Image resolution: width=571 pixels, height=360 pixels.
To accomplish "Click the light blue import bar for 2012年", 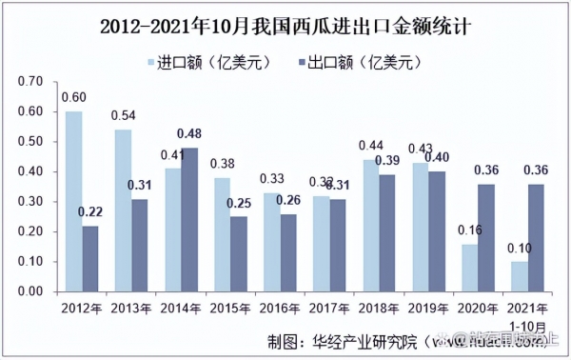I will (x=73, y=201).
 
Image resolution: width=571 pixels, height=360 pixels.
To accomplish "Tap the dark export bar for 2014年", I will (x=189, y=219).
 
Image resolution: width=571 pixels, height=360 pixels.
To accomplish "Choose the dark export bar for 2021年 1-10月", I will (x=536, y=237).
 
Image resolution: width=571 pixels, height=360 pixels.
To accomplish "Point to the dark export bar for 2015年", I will (x=239, y=253).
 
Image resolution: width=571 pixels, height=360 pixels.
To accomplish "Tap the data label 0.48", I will (x=190, y=134).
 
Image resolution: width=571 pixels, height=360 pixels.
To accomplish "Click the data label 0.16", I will (x=469, y=230).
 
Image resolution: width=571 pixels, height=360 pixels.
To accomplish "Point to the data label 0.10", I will (x=519, y=249).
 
